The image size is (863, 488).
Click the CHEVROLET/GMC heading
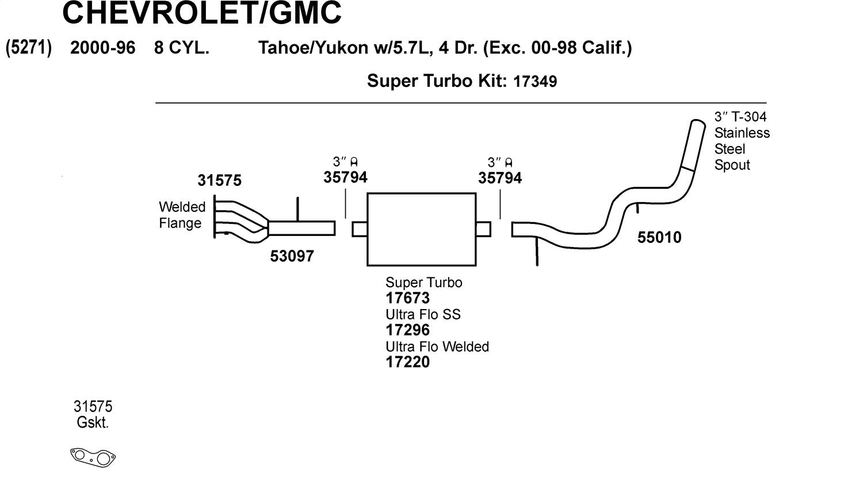click(x=201, y=13)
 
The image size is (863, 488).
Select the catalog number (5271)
click(x=29, y=47)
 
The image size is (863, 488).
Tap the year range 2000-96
click(x=102, y=48)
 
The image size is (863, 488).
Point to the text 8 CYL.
click(x=181, y=48)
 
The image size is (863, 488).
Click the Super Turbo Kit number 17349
click(x=534, y=82)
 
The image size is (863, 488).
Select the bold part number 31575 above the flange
click(x=219, y=181)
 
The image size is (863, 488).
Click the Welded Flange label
click(x=182, y=215)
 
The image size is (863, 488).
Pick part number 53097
click(x=292, y=256)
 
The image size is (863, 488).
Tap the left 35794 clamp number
click(x=345, y=178)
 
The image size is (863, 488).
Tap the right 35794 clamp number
click(x=500, y=178)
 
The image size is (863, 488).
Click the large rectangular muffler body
click(x=421, y=229)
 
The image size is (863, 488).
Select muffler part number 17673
click(x=407, y=298)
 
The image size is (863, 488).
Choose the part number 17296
click(x=407, y=330)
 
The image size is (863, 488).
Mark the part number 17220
click(x=407, y=362)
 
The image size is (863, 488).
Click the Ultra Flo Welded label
click(x=437, y=346)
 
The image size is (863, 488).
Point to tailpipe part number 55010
click(x=659, y=237)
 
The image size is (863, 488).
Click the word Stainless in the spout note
click(x=742, y=133)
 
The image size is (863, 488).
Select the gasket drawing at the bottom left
click(x=93, y=457)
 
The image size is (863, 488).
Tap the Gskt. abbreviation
click(x=93, y=423)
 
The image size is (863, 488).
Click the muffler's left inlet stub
click(x=360, y=229)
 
